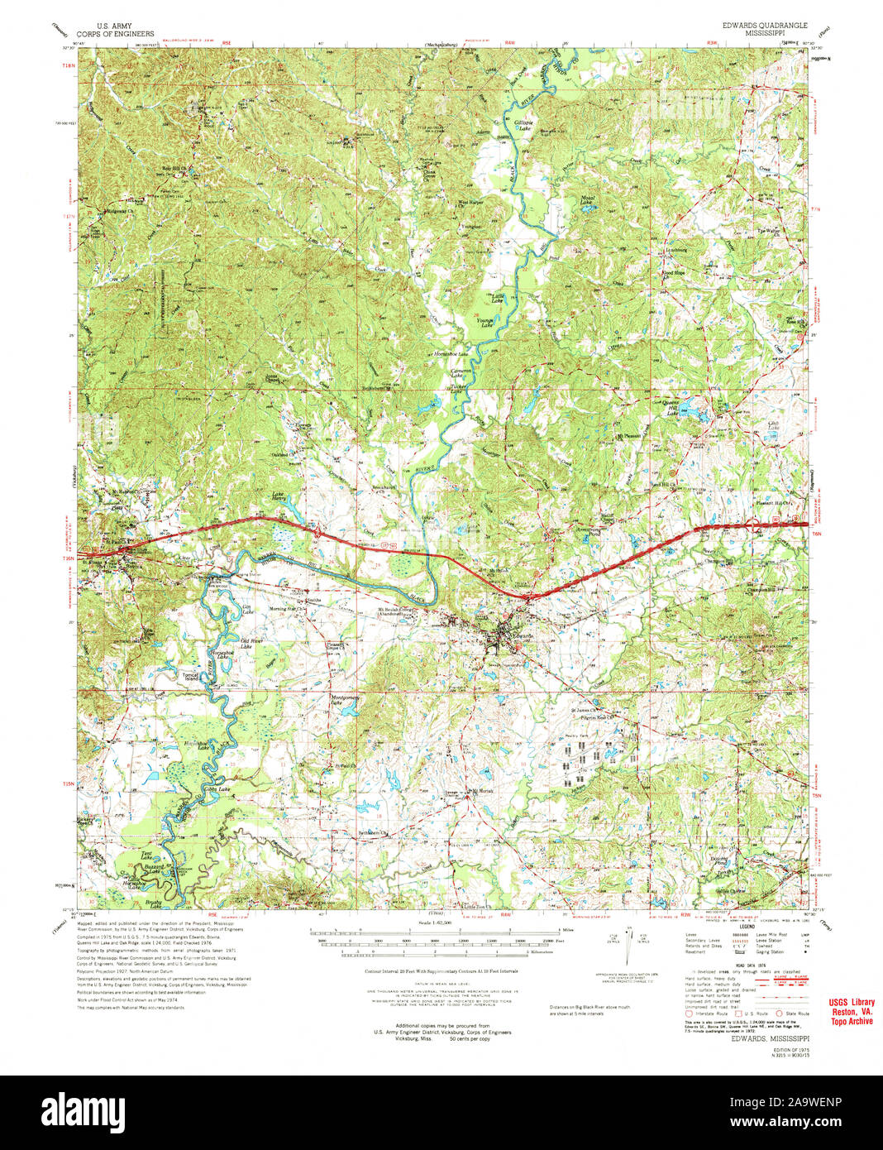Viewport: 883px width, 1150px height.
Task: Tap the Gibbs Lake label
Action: point(217,790)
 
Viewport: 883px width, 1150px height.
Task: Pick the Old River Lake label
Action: point(252,644)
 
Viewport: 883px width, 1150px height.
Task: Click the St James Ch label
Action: point(585,709)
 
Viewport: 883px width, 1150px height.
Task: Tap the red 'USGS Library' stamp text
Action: point(851,1003)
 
